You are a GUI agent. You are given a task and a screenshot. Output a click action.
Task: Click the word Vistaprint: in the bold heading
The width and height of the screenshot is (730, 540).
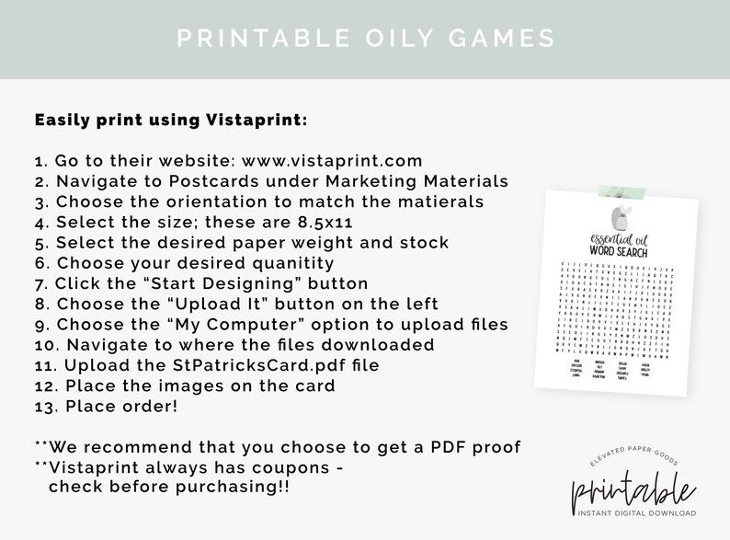252,120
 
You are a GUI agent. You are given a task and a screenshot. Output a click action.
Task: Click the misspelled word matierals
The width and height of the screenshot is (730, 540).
438,201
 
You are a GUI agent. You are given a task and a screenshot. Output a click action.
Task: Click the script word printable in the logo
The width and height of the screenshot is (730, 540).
633,484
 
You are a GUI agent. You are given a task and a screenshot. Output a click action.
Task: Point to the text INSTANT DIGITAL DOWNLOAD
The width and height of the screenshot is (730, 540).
634,512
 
